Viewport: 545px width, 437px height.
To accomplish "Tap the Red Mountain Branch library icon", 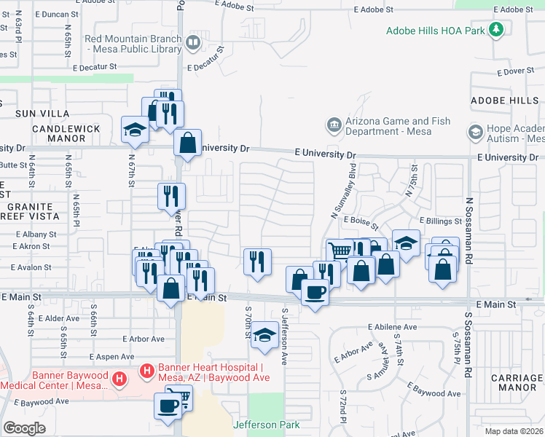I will click(x=192, y=43).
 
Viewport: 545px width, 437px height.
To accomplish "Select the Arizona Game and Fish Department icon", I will click(x=334, y=125).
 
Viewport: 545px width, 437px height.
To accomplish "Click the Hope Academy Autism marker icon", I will click(x=476, y=133).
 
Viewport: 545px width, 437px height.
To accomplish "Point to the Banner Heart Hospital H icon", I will click(x=146, y=371).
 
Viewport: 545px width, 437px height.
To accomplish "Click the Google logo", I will click(x=24, y=428).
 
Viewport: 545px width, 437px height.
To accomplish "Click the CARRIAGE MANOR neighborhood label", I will click(x=517, y=383).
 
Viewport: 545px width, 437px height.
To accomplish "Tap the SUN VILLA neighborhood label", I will click(x=43, y=114).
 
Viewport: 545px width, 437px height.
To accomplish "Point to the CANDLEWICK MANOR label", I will click(x=66, y=128).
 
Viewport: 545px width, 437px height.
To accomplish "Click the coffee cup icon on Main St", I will click(x=315, y=293).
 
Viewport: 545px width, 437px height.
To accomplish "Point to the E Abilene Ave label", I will click(x=392, y=326).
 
